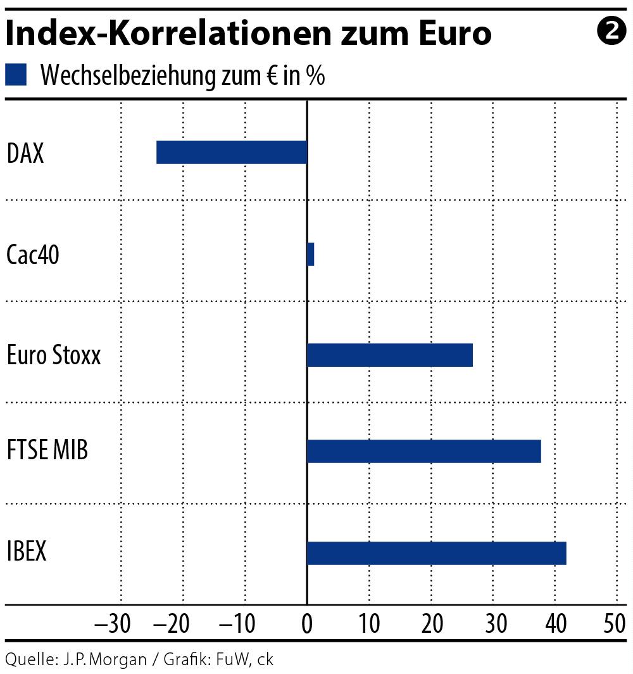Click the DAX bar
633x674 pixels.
coord(232,153)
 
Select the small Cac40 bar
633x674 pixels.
coord(310,254)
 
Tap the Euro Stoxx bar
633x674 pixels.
coord(389,355)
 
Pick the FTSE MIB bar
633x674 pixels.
coord(423,451)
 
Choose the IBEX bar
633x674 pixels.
coord(436,553)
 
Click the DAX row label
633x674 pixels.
coord(25,153)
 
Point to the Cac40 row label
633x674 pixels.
coord(33,255)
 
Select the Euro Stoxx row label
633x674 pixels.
coord(54,355)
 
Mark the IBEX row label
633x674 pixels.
coord(27,551)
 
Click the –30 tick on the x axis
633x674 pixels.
coord(113,625)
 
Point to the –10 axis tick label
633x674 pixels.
coord(237,625)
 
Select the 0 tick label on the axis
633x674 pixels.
coord(307,625)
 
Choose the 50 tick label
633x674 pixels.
coord(615,625)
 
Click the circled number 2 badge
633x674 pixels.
coord(611,31)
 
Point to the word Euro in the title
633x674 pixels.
coord(448,34)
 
